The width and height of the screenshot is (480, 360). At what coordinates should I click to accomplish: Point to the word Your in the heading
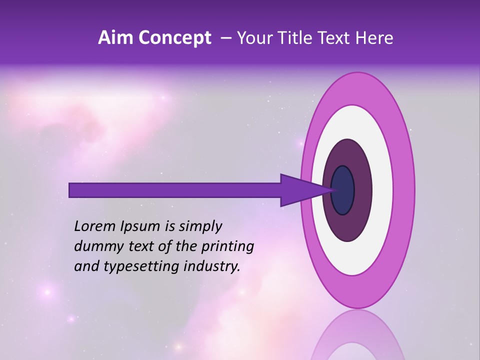pos(254,38)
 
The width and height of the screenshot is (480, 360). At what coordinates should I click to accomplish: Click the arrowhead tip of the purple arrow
pos(334,190)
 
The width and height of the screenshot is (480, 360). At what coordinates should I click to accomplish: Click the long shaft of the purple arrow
pos(175,190)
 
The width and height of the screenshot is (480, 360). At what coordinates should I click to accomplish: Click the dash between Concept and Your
pos(226,38)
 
